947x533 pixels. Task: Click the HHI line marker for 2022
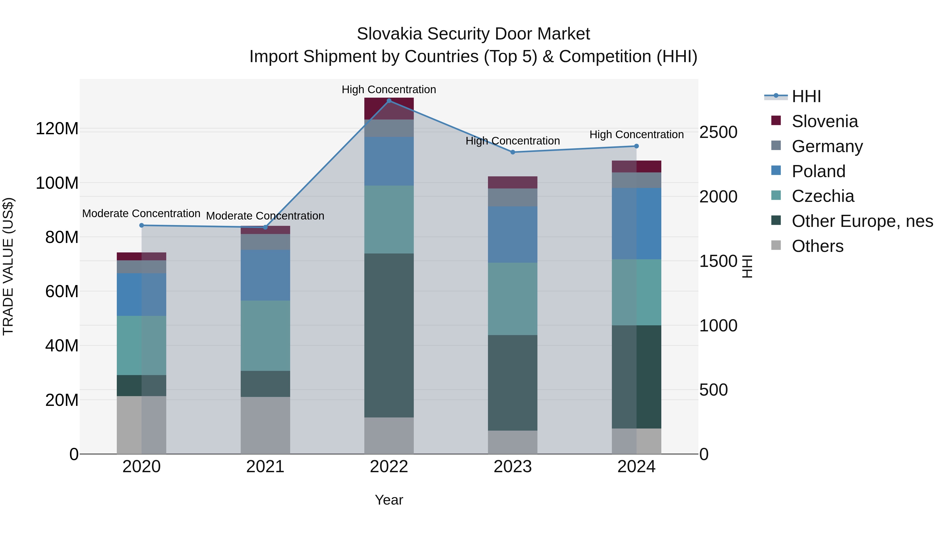[389, 101]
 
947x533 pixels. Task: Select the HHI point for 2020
[142, 226]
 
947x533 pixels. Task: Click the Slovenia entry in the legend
[825, 121]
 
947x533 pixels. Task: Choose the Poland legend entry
[818, 171]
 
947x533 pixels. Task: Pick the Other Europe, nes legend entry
[862, 221]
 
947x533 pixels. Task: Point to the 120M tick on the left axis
[57, 129]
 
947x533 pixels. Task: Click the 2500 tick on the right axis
[718, 132]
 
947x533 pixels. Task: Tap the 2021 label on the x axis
[265, 467]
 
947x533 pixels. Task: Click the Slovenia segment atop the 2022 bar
[389, 108]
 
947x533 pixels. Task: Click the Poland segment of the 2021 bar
[265, 275]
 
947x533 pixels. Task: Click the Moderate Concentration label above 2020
[141, 213]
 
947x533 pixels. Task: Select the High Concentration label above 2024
[636, 135]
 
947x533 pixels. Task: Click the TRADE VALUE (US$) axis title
[8, 266]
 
